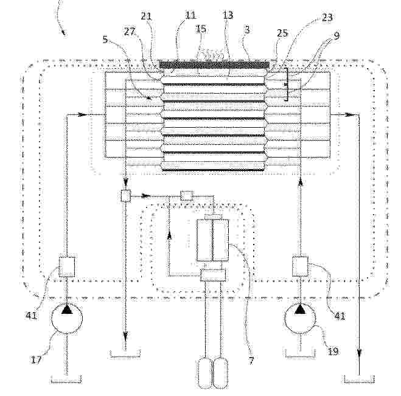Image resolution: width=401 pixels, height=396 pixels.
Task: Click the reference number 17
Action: pyautogui.click(x=36, y=360)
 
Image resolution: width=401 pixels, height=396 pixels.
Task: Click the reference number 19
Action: pyautogui.click(x=333, y=351)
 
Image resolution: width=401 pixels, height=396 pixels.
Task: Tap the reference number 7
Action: pyautogui.click(x=251, y=360)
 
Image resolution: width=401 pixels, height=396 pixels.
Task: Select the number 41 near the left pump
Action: pyautogui.click(x=32, y=316)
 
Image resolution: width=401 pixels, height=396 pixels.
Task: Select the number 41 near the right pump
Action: pyautogui.click(x=340, y=316)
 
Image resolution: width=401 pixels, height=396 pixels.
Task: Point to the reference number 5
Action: pyautogui.click(x=105, y=40)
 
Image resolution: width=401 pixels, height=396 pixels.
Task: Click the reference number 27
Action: pyautogui.click(x=130, y=32)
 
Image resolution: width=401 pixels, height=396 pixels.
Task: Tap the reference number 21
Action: pyautogui.click(x=146, y=16)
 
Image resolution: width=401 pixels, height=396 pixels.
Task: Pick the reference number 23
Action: pyautogui.click(x=327, y=17)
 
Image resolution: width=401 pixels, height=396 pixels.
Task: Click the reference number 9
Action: pyautogui.click(x=336, y=35)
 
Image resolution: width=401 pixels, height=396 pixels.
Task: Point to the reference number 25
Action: pyautogui.click(x=282, y=33)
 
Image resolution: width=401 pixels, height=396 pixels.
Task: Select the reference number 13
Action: pyautogui.click(x=228, y=15)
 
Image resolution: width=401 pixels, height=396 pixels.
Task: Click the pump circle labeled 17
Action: pyautogui.click(x=67, y=318)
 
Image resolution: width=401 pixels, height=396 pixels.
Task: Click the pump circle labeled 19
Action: pyautogui.click(x=300, y=318)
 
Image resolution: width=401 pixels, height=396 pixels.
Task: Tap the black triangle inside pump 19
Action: pyautogui.click(x=300, y=310)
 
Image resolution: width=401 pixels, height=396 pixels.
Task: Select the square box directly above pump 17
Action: pyautogui.click(x=67, y=267)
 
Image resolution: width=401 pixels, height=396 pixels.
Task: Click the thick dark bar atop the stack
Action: pyautogui.click(x=214, y=64)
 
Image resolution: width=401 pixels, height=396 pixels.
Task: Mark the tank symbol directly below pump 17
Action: pyautogui.click(x=66, y=379)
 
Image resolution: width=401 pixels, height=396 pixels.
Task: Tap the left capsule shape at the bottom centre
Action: pyautogui.click(x=206, y=373)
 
